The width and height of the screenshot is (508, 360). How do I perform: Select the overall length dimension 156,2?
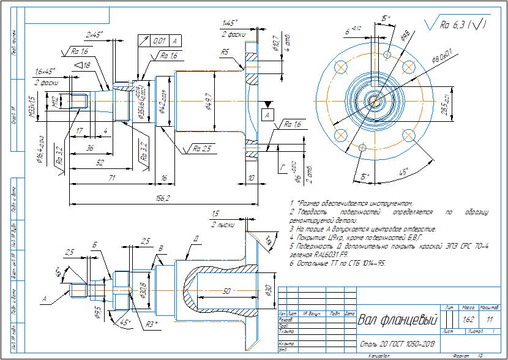(162, 198)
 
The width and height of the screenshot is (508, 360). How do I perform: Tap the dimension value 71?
(112, 178)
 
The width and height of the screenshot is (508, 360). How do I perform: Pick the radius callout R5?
(225, 53)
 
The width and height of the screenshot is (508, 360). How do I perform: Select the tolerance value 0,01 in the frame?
(159, 40)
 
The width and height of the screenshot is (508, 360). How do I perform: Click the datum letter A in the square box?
(267, 114)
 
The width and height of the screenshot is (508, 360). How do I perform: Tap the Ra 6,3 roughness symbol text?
(455, 25)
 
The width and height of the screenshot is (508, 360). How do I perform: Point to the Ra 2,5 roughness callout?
(202, 148)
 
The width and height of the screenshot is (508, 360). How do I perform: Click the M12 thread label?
(54, 100)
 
